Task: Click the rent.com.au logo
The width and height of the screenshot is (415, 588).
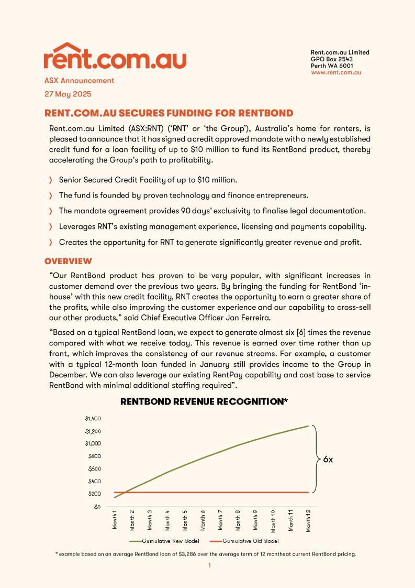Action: (115, 56)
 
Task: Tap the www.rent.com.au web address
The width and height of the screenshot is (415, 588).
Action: (336, 72)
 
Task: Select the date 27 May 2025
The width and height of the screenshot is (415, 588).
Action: (68, 94)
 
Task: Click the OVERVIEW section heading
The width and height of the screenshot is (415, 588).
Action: (68, 261)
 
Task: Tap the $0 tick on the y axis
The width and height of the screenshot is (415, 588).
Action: (96, 507)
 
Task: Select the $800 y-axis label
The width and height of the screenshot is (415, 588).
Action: (94, 456)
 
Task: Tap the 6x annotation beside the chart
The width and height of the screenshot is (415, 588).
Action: (328, 459)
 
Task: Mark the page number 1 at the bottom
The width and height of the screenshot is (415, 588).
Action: (209, 565)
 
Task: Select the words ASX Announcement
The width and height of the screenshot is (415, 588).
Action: (79, 81)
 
